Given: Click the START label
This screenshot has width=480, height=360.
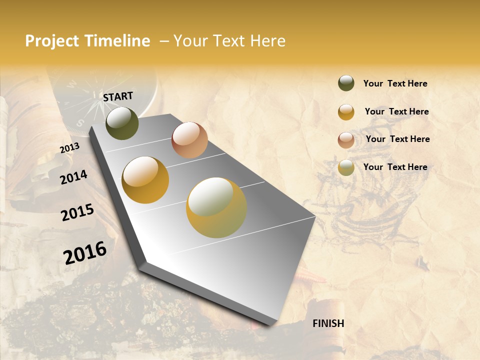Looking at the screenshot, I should click(x=118, y=96).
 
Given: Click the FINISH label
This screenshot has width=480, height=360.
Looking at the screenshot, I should click(x=328, y=323).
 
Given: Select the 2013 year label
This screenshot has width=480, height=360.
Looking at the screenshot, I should click(x=70, y=148).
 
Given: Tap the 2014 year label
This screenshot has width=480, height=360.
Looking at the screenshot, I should click(x=74, y=177).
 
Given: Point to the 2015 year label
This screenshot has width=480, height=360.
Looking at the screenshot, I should click(x=77, y=212).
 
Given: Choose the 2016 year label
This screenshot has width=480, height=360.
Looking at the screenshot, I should click(x=85, y=252).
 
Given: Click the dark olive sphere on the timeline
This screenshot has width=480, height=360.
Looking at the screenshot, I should click(x=122, y=123).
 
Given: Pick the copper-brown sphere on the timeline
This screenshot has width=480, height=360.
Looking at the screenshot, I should click(x=189, y=140).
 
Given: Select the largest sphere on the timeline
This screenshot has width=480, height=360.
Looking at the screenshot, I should click(x=216, y=207).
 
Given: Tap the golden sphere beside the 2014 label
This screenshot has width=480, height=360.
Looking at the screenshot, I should click(x=145, y=180).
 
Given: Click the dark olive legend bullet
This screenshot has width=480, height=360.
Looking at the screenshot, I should click(x=346, y=83).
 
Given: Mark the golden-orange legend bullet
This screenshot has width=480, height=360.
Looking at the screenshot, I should click(x=346, y=112).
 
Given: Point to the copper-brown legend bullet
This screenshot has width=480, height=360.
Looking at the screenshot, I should click(x=346, y=140).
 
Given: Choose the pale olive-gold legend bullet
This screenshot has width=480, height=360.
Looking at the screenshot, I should click(x=346, y=167).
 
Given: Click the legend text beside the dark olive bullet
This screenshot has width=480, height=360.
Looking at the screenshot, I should click(x=395, y=83).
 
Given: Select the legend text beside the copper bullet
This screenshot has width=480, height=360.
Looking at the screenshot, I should click(x=398, y=139).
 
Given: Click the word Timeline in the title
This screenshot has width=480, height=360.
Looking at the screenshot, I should click(x=117, y=41).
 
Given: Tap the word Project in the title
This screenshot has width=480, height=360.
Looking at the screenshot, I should click(x=52, y=41).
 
